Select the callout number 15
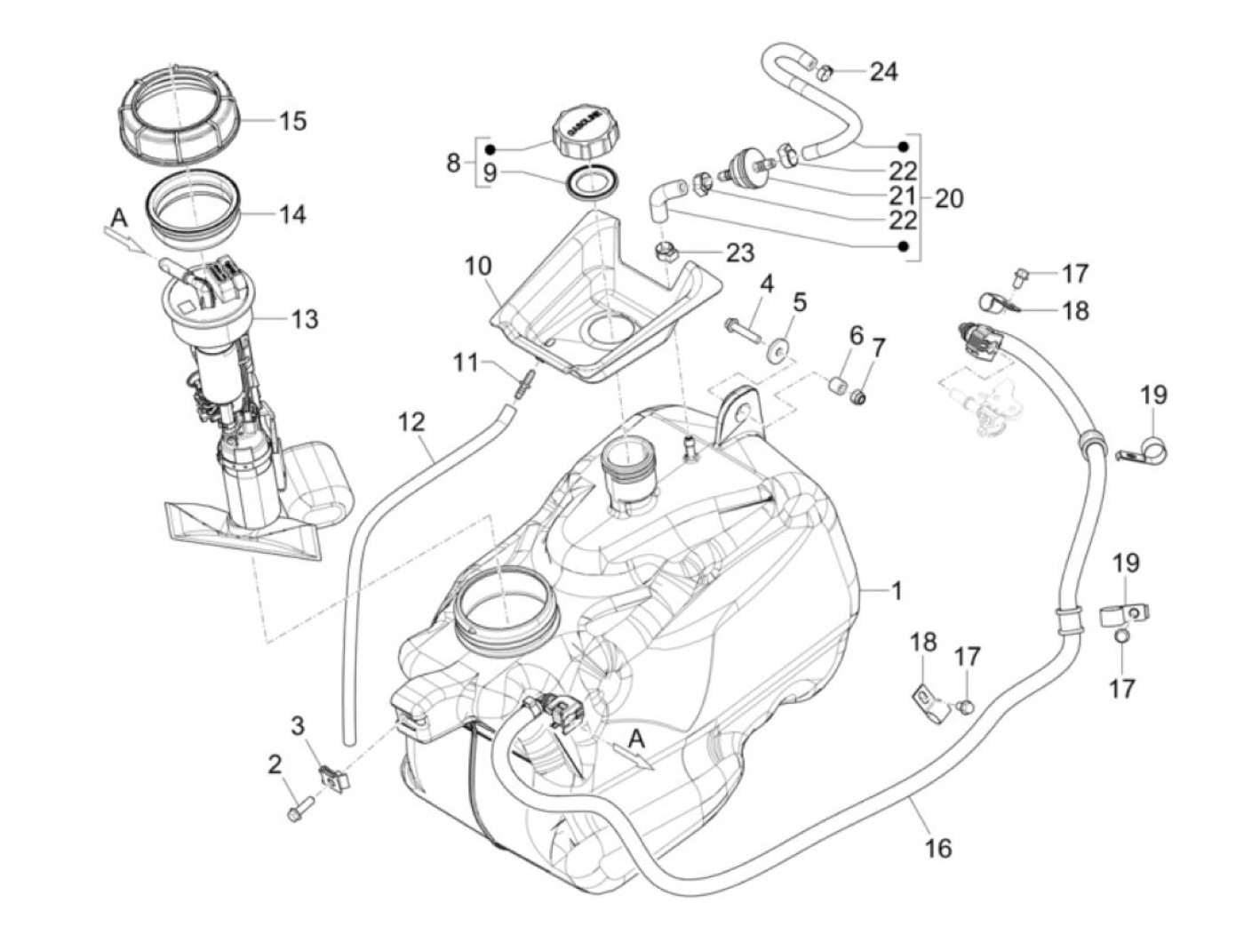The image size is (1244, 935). coord(292,120)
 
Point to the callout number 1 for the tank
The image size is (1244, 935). coord(897,590)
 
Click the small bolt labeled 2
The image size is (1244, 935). coord(297,811)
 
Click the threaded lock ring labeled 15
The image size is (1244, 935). coord(179,118)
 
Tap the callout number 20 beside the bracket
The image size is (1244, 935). coord(948,197)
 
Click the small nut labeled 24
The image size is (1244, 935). coord(824,71)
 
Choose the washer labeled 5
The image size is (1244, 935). coord(782,348)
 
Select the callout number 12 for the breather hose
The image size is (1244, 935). coord(411,421)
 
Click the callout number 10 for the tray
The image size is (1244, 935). coord(476,266)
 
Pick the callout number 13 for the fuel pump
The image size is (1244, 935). coord(304,319)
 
